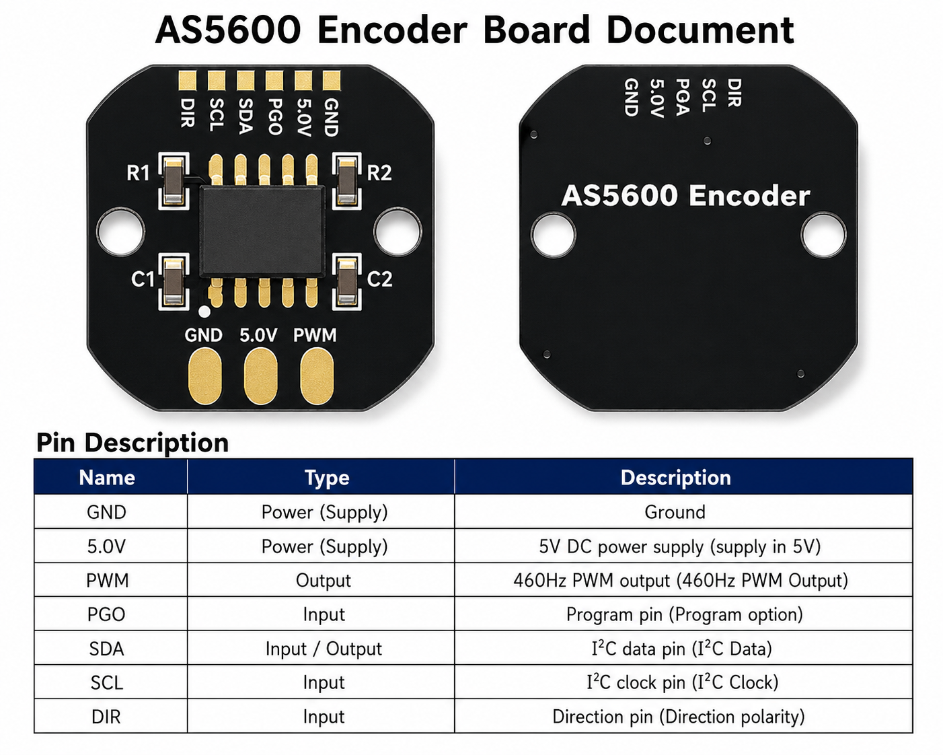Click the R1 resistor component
click(x=174, y=182)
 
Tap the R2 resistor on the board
click(x=347, y=182)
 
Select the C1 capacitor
click(x=174, y=281)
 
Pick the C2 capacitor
click(x=347, y=281)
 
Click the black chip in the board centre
click(x=262, y=231)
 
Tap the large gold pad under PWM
click(x=316, y=375)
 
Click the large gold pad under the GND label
click(x=204, y=375)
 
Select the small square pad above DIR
click(x=187, y=81)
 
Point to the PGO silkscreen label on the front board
click(x=274, y=116)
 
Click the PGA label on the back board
click(x=682, y=97)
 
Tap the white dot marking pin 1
click(x=204, y=312)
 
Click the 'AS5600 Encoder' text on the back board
click(x=686, y=196)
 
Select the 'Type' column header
click(x=327, y=478)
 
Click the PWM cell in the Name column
click(x=108, y=580)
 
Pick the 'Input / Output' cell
click(x=324, y=649)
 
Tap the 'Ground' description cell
click(x=675, y=511)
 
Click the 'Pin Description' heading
click(x=133, y=442)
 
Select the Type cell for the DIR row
click(x=324, y=717)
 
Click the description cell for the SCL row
click(x=682, y=682)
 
